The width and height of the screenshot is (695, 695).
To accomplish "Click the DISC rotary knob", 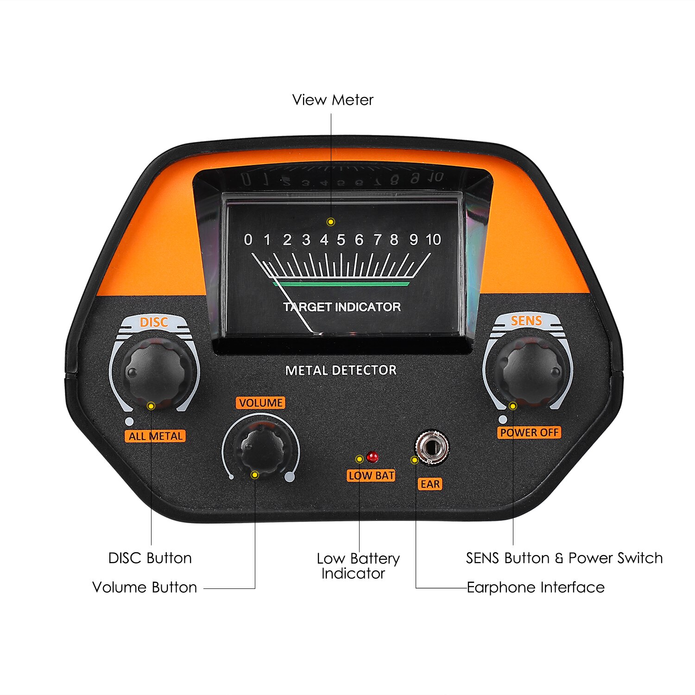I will point(156,371).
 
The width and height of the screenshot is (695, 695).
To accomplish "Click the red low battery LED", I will point(372,457).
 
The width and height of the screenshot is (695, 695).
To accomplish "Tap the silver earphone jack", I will point(431,448).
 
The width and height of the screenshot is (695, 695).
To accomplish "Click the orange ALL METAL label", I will point(155,436).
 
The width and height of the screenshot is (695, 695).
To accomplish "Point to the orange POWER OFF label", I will point(530,432).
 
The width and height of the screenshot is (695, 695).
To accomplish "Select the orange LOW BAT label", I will point(371,475).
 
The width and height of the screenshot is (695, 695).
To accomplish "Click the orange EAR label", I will point(430,484).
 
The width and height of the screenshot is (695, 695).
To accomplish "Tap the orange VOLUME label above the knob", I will point(261,403).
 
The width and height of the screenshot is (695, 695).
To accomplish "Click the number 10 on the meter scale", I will point(433,240).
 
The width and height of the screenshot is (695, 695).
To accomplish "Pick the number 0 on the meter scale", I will point(248,240).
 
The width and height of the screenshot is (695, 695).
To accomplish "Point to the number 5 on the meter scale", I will point(341,240).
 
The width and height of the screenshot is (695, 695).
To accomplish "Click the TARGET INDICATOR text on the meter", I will point(342,307).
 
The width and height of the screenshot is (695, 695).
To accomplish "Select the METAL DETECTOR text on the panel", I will point(341,370).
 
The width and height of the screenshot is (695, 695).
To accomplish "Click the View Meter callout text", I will point(332,100).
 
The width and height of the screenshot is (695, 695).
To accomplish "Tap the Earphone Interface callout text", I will point(535,588).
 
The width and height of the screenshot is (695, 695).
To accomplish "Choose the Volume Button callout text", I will point(145,588).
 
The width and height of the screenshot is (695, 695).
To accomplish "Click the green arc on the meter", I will point(341,283).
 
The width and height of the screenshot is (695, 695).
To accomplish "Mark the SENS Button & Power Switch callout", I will point(564,558).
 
